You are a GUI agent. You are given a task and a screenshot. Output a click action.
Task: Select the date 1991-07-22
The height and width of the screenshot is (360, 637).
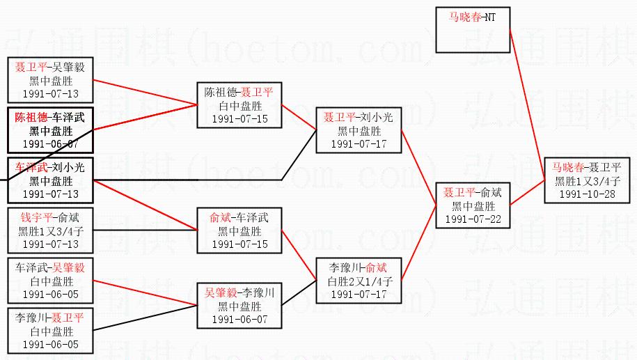pyautogui.click(x=473, y=219)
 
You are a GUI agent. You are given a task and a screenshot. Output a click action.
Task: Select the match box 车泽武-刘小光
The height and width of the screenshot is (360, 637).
pyautogui.click(x=50, y=180)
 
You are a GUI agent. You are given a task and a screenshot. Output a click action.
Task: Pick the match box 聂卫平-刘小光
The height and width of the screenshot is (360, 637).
pyautogui.click(x=358, y=130)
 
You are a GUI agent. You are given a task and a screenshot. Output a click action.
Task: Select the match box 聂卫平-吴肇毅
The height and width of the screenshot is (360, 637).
pyautogui.click(x=50, y=80)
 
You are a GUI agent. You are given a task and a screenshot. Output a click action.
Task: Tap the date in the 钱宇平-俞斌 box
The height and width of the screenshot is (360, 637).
pyautogui.click(x=50, y=244)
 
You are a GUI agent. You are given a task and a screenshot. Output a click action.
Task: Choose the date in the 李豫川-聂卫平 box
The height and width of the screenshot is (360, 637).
pyautogui.click(x=50, y=345)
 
